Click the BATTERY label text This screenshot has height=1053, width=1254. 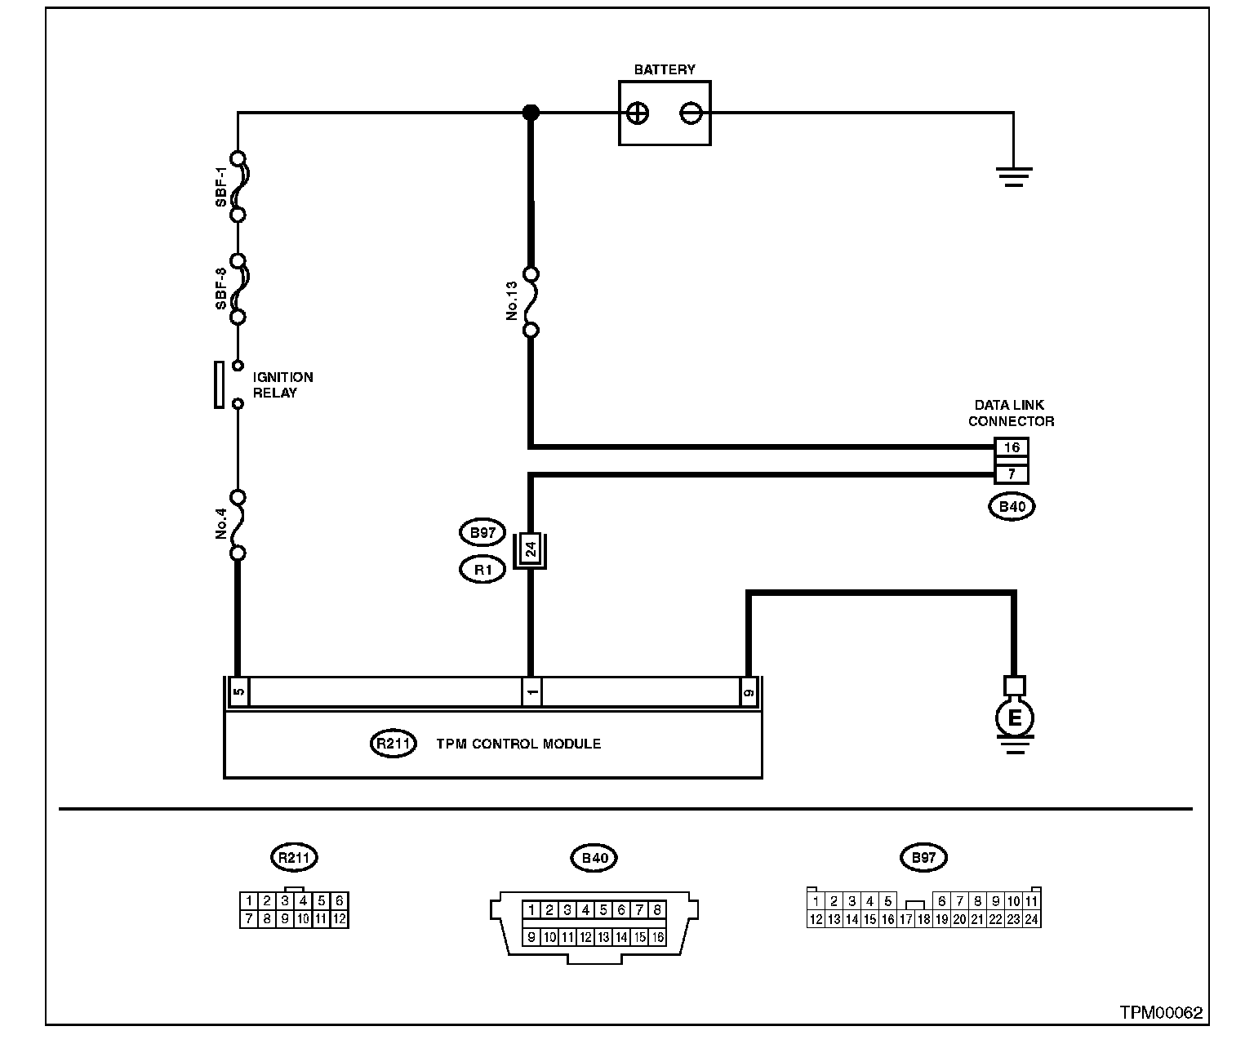(x=665, y=69)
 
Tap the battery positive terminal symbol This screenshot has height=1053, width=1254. (x=638, y=113)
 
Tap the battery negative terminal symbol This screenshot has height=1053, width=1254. (x=691, y=113)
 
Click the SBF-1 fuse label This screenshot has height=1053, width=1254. (x=221, y=187)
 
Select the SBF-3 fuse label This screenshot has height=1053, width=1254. (x=221, y=289)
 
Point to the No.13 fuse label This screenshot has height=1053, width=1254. (x=512, y=301)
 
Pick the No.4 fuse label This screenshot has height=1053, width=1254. (x=221, y=524)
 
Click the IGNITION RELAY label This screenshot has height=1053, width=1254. (x=282, y=385)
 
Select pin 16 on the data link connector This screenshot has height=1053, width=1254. (x=1012, y=447)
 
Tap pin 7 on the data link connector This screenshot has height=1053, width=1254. (x=1012, y=474)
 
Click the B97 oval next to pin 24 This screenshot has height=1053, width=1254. (x=482, y=533)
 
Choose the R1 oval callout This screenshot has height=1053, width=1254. (x=482, y=570)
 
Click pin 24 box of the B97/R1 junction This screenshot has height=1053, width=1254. (x=531, y=550)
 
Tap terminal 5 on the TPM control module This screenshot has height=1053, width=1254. (x=238, y=692)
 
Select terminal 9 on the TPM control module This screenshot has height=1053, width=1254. (x=749, y=692)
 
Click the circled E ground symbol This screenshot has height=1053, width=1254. (x=1014, y=718)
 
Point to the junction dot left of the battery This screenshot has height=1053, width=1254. (x=531, y=113)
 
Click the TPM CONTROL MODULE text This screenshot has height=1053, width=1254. (x=518, y=744)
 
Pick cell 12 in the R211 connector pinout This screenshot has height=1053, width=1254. (x=340, y=919)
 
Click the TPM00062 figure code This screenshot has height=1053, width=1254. (x=1161, y=1013)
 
